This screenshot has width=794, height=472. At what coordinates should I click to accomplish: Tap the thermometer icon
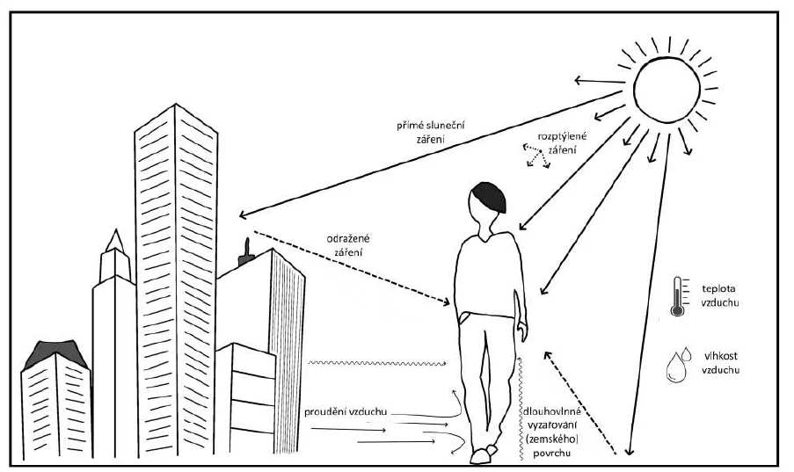(678, 297)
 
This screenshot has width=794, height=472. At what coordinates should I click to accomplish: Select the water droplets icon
(678, 364)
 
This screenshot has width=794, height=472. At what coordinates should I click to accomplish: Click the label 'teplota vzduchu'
(719, 296)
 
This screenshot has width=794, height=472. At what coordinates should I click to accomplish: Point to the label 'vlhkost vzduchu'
(720, 363)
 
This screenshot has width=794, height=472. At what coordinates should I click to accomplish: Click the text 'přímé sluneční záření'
(431, 132)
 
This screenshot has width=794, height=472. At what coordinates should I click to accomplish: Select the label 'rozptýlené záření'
(562, 143)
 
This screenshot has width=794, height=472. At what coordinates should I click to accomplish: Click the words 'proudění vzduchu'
(346, 411)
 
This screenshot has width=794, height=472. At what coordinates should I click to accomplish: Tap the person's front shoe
(479, 457)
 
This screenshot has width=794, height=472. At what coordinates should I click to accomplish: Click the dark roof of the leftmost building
(55, 352)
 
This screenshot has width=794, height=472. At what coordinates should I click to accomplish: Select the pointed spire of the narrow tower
(115, 241)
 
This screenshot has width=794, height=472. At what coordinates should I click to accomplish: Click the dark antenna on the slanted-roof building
(246, 253)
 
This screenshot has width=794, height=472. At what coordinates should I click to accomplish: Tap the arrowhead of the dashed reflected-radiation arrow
(446, 302)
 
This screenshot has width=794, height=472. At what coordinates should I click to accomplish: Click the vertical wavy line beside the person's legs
(519, 408)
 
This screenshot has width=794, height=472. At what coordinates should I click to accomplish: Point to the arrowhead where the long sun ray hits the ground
(629, 450)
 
